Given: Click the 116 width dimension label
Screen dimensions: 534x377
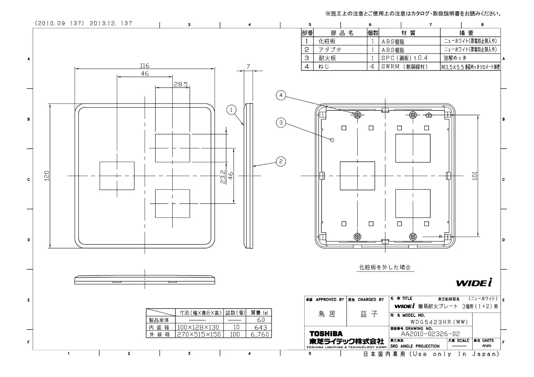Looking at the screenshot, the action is point(145,65).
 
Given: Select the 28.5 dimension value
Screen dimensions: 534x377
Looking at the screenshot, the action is point(181,85).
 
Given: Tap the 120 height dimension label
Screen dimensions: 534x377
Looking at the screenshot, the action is point(47,176).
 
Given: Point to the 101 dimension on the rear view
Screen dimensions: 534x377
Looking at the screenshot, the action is point(475,176).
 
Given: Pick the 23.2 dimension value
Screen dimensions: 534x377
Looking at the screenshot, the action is point(223,177).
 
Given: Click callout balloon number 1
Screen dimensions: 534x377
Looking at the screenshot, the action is point(231,110).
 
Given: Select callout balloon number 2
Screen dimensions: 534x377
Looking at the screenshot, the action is point(281,161).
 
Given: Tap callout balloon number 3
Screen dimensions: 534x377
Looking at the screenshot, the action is point(281,123).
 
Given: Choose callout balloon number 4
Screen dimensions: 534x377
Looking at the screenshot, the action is point(281,95).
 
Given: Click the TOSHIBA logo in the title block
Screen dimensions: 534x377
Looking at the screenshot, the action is point(326,334).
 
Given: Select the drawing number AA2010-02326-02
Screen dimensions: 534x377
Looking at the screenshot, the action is point(430,334).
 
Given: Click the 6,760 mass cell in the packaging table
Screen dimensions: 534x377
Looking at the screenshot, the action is point(260,334).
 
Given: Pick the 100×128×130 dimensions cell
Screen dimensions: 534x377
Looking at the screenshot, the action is point(198,327).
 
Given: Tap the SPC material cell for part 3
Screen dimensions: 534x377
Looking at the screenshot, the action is point(404,58).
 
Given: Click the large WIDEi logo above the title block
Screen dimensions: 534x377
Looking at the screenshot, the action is point(474,283).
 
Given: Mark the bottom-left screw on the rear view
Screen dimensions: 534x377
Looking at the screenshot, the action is point(357,237).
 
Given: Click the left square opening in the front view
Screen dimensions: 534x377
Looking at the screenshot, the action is point(117,176).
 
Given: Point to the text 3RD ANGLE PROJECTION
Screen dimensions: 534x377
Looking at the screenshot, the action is point(415,346).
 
